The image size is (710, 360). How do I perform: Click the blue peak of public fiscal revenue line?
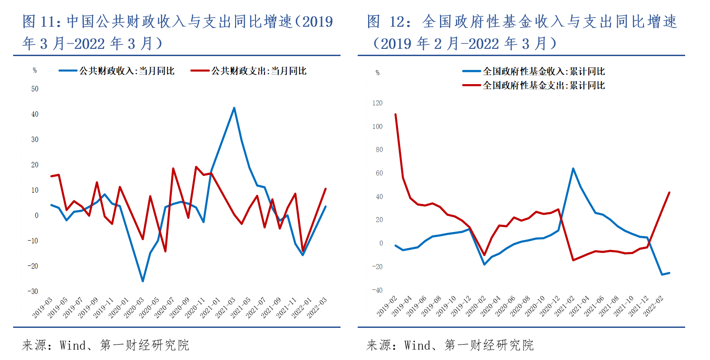point(234,108)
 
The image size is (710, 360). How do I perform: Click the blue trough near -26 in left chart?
point(142,281)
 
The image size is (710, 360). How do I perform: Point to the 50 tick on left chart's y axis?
point(35,89)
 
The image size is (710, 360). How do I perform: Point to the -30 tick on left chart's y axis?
point(33,291)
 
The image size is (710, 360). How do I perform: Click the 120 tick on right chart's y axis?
point(377,103)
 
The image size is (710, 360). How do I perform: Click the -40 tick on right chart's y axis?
point(377,290)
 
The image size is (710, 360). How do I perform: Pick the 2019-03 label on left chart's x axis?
point(43,308)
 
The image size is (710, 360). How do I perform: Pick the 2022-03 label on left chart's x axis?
point(317,308)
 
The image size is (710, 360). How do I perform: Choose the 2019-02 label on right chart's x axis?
point(387,306)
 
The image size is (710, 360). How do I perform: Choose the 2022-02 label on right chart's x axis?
point(653,306)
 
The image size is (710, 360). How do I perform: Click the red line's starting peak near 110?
point(396,114)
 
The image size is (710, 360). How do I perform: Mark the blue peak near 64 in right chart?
point(573,169)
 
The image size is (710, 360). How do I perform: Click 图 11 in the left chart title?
point(41,21)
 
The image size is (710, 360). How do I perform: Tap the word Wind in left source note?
point(73,346)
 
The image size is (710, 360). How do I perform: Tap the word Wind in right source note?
point(417,346)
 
